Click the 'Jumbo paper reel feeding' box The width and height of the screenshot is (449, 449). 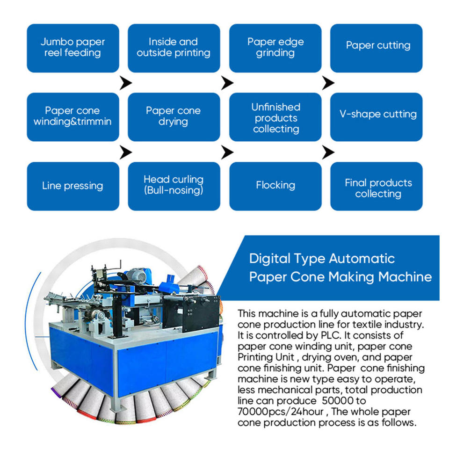click(x=72, y=48)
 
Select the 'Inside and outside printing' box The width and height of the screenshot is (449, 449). click(x=174, y=48)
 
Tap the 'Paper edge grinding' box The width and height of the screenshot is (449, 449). click(x=275, y=48)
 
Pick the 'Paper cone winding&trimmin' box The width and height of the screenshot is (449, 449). click(x=72, y=116)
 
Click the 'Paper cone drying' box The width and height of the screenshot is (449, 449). click(x=174, y=116)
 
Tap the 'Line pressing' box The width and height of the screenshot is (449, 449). click(x=72, y=186)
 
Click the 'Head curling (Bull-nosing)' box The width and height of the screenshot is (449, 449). click(x=174, y=186)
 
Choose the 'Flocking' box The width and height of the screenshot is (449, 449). click(x=275, y=186)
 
